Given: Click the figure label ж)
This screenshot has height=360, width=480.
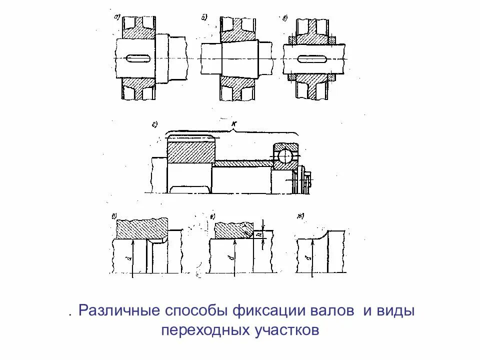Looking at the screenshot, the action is (x=300, y=215).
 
